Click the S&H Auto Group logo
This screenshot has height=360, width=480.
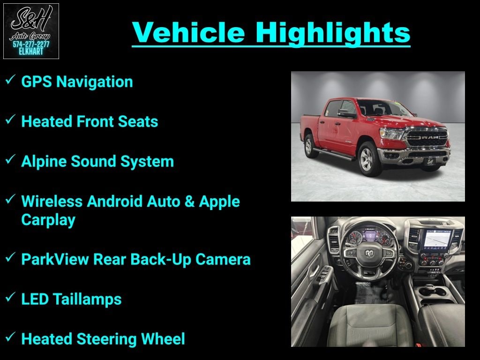[x=31, y=31]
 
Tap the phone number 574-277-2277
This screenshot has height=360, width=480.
[x=31, y=45]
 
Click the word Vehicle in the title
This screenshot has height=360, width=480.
[x=188, y=32]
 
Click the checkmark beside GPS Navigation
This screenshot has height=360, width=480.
[x=10, y=80]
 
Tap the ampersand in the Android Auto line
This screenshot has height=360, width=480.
[x=189, y=202]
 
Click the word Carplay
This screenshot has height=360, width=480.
[x=48, y=220]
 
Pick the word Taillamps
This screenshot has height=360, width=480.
[x=88, y=300]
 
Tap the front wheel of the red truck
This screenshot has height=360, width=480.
[x=368, y=159]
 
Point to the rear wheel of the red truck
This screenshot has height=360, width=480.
[x=310, y=146]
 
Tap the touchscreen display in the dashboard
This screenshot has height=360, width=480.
[x=437, y=238]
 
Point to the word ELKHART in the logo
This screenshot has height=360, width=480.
[x=31, y=52]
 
